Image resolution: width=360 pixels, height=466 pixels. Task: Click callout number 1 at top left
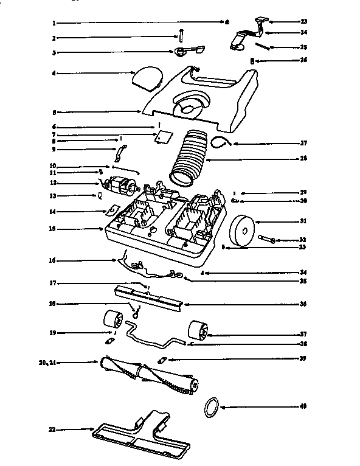point(54,23)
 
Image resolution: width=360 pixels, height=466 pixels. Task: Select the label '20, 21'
point(47,362)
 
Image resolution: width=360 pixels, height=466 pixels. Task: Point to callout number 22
point(53,429)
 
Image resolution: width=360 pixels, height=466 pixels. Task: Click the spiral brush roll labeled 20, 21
point(149,370)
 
